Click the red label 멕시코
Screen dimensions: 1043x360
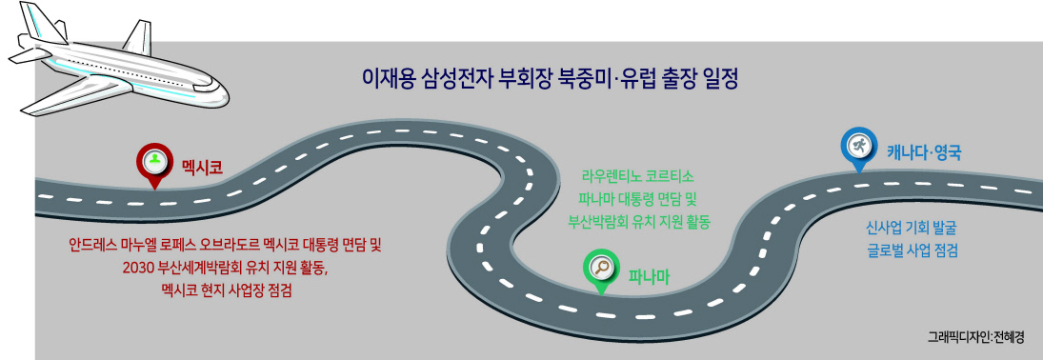click(x=202, y=164)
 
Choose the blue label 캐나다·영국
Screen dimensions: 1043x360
click(x=924, y=151)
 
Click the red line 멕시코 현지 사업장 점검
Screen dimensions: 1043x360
click(x=227, y=290)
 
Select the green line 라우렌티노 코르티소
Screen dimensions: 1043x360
click(x=637, y=178)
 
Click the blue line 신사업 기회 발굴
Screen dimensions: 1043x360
click(x=911, y=228)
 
